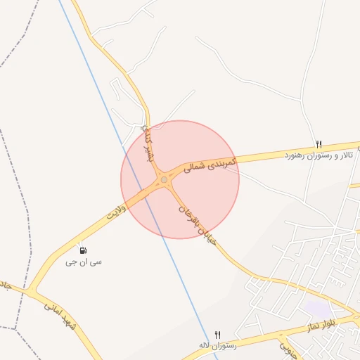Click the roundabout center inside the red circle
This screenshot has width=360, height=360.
[165, 180]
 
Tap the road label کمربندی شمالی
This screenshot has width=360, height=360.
[211, 165]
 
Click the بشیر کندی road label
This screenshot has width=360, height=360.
[147, 141]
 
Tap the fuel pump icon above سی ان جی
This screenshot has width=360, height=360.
[83, 250]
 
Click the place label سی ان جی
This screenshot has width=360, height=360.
[83, 262]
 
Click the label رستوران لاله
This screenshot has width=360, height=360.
[217, 345]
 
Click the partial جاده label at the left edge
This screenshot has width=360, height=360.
[4, 285]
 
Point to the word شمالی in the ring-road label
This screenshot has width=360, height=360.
[197, 168]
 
